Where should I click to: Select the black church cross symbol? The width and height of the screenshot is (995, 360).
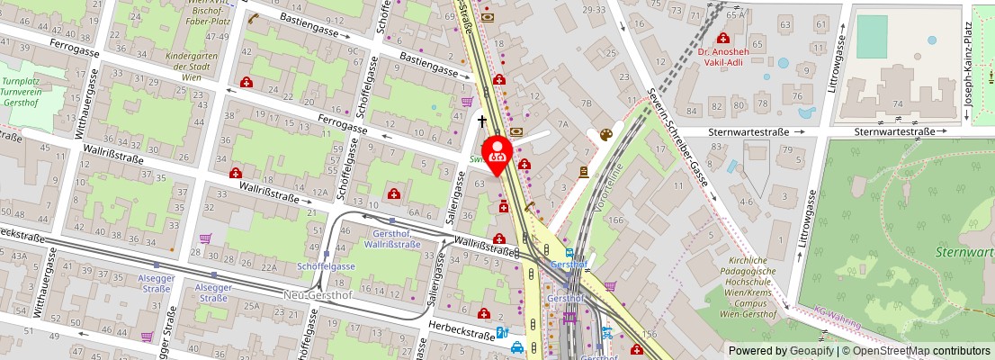tap(482, 120)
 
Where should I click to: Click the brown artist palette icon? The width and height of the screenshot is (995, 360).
tap(605, 135)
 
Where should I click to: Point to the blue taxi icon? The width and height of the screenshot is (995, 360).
tap(517, 346)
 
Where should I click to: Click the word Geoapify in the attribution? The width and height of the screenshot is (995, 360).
tap(789, 351)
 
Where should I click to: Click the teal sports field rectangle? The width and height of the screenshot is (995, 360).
tap(870, 37)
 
